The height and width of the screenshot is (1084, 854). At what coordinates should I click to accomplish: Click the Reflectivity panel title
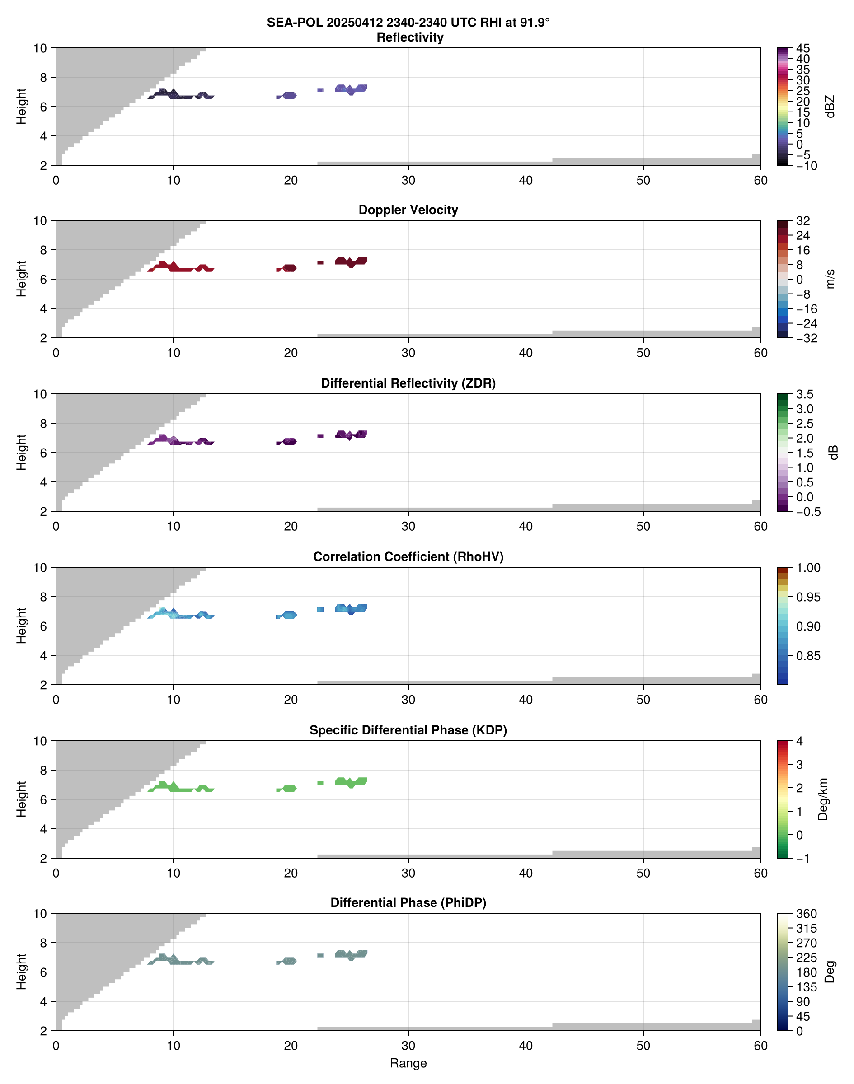tap(409, 37)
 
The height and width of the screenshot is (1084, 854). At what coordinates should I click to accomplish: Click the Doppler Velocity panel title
tap(408, 210)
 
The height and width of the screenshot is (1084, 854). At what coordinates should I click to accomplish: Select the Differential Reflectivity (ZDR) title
tap(408, 383)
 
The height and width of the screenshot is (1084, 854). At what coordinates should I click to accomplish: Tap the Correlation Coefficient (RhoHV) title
tap(408, 557)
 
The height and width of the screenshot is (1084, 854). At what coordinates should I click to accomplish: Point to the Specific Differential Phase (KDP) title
tap(408, 730)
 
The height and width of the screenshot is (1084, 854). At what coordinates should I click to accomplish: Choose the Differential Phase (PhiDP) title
tap(408, 902)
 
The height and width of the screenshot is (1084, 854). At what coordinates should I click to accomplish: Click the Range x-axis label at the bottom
tap(408, 1063)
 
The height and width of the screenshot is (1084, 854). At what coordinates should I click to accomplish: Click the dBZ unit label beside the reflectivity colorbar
tap(831, 107)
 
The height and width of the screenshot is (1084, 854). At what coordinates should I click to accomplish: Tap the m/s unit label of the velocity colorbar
tap(831, 279)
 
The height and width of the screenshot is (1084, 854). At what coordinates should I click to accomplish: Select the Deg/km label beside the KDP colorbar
tap(822, 799)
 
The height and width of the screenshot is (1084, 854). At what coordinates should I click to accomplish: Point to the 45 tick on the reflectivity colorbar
tap(803, 48)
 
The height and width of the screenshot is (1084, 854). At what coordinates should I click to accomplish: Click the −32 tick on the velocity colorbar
tap(807, 338)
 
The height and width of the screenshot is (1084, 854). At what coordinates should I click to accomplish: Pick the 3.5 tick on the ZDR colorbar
tap(804, 394)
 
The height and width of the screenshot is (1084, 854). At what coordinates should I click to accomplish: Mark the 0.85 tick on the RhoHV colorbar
tap(807, 656)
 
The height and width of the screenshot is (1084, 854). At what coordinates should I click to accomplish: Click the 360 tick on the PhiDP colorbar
tap(806, 914)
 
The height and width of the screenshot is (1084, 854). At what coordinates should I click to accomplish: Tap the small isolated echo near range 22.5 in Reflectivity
tap(320, 90)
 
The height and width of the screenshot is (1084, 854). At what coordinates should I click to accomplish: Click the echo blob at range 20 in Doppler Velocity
tap(290, 268)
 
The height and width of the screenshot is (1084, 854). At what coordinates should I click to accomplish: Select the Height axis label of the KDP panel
tap(21, 799)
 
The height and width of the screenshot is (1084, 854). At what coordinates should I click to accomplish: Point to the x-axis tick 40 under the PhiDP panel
tap(526, 1046)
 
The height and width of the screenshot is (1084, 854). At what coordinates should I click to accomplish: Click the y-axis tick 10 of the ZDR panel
tap(40, 394)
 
